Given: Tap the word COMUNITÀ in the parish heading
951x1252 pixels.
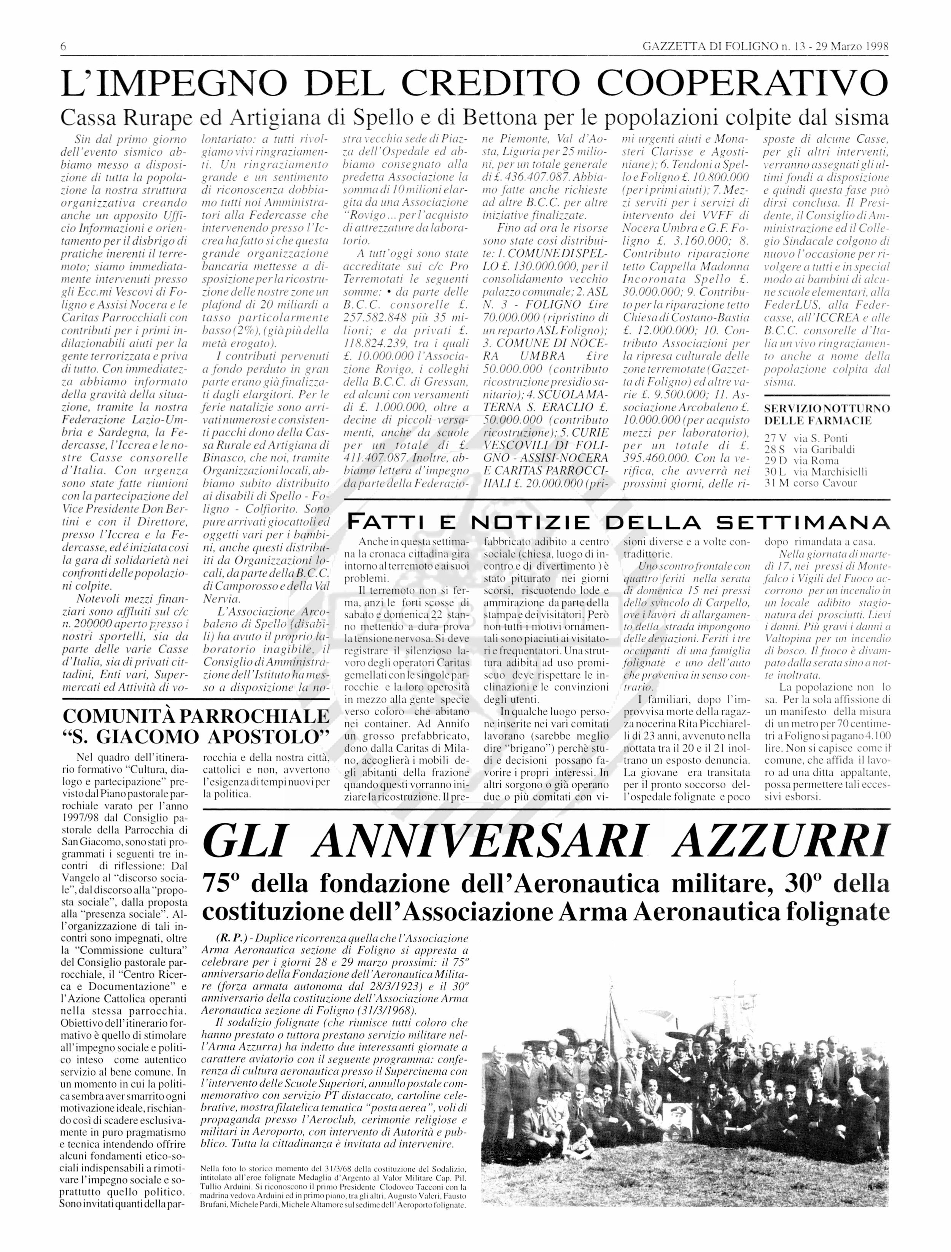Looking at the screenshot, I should coord(118,716).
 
